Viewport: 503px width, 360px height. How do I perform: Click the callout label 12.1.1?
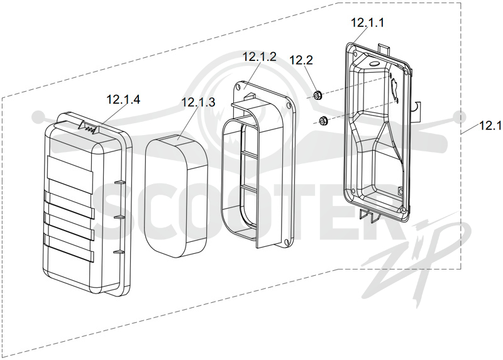coord(367,23)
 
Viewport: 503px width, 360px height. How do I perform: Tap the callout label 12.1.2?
coord(259,57)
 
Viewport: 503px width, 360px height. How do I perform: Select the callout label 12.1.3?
coord(198,102)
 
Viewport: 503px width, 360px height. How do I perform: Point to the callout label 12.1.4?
coord(123,99)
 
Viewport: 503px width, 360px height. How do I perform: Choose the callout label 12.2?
coord(301,60)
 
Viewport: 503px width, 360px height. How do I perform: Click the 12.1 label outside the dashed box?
coord(490,126)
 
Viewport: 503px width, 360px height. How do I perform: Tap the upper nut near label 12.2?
coord(318,95)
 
